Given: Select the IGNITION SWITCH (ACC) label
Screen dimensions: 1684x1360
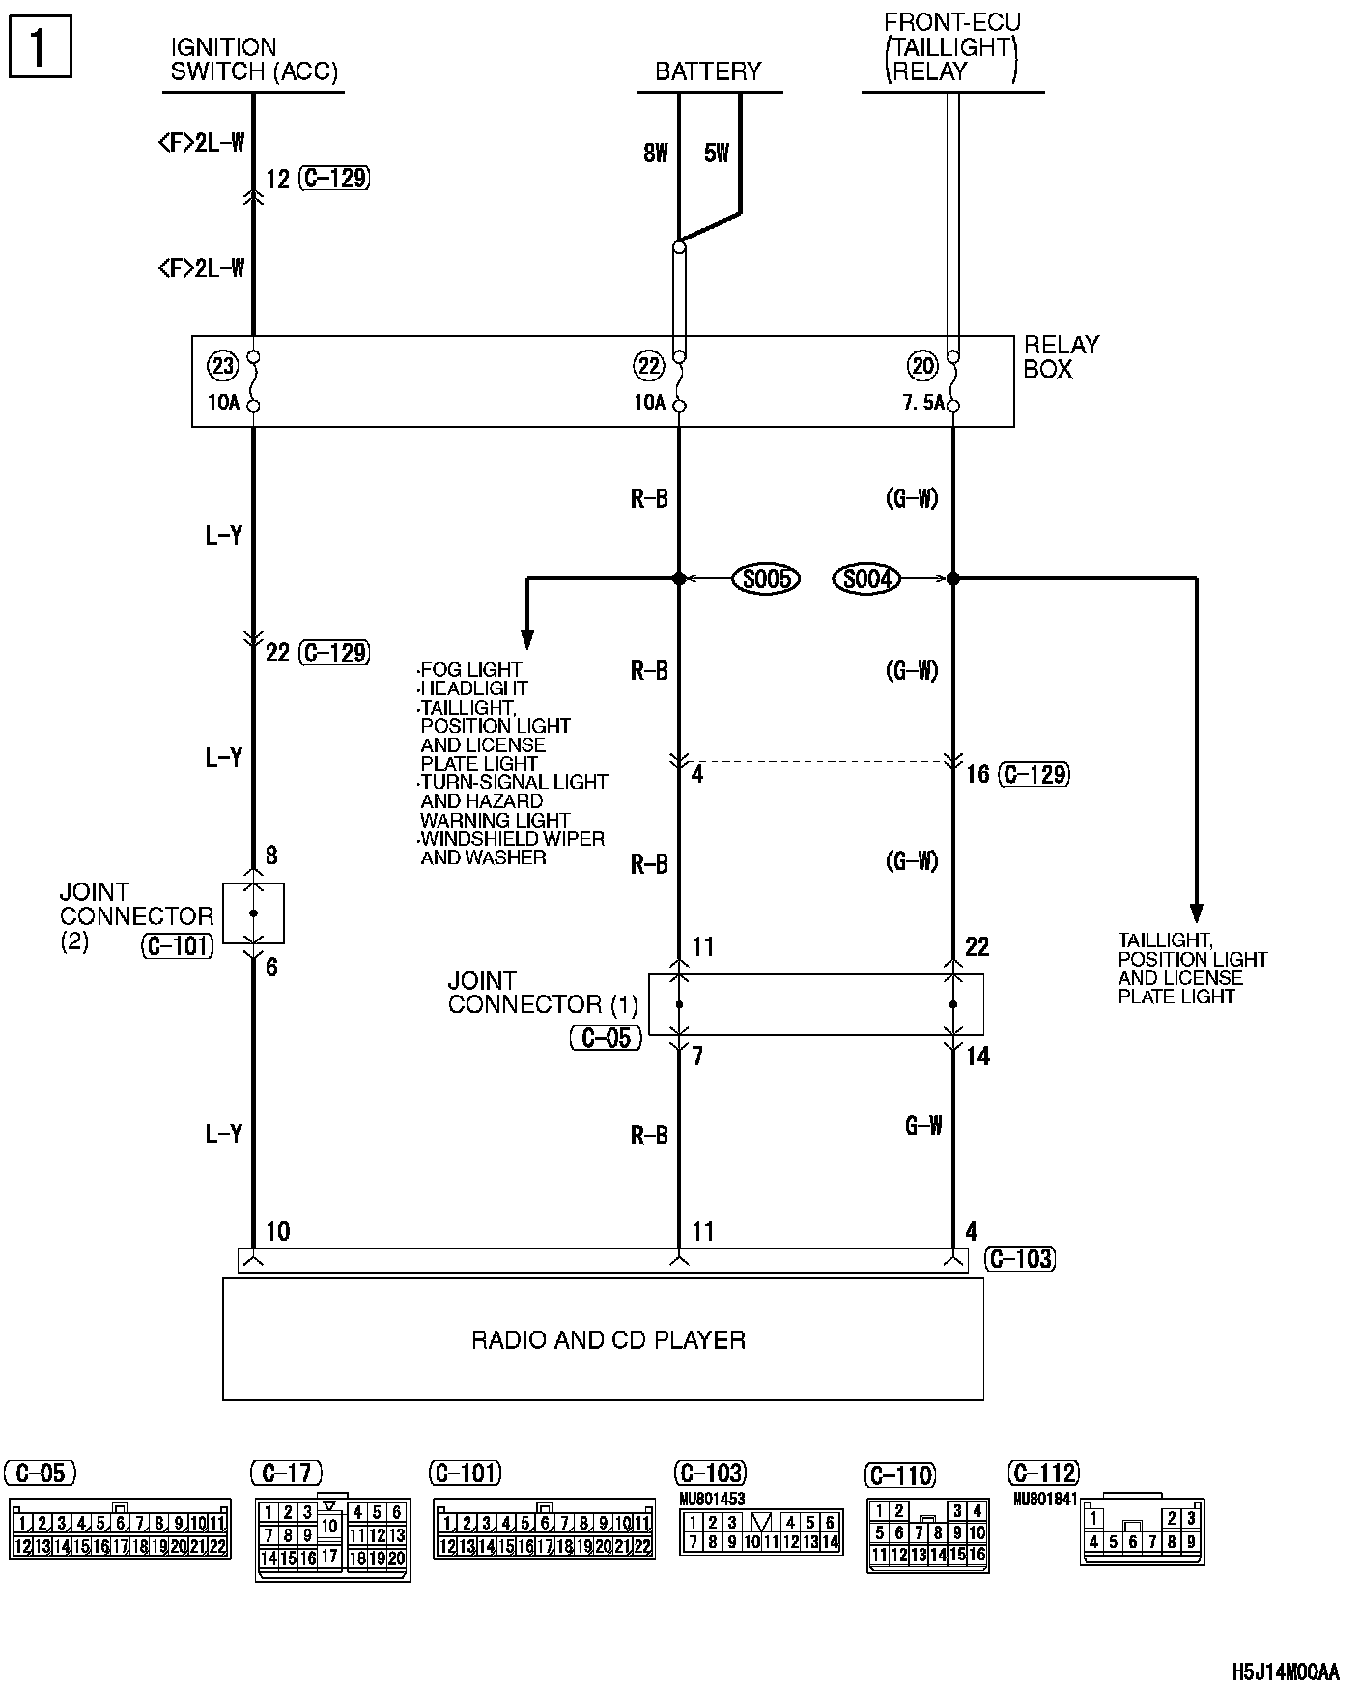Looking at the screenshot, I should tap(254, 59).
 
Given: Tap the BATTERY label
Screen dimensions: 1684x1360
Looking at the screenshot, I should tap(708, 71).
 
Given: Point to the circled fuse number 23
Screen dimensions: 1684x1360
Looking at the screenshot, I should tap(222, 366).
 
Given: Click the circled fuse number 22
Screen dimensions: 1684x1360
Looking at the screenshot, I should tap(648, 366).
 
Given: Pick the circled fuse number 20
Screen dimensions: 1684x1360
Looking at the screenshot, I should tap(922, 366).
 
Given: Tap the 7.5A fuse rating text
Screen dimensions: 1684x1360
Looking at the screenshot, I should tap(922, 403).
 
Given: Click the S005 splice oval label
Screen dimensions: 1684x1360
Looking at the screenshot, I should tap(767, 578).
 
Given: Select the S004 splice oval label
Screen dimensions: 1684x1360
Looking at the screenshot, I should tap(866, 578).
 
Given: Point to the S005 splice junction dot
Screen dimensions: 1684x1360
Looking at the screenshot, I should tap(679, 578).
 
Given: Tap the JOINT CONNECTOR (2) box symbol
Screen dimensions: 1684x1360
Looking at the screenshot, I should tap(253, 912).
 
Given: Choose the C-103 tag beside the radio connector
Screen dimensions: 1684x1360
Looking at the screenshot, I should tap(1020, 1259).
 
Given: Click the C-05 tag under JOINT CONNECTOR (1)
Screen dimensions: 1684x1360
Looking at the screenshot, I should tap(606, 1038).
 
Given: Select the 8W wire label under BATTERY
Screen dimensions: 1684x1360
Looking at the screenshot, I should tap(655, 153).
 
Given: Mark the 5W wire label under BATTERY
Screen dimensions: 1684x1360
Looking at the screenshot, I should tap(716, 153).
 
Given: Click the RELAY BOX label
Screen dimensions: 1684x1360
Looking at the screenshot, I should tap(1061, 356).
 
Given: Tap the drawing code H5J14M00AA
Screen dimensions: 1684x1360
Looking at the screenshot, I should tap(1286, 1671).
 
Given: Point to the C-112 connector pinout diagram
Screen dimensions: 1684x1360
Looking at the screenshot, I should tap(1142, 1530).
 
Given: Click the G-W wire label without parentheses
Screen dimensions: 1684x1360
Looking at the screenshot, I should tap(923, 1125).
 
